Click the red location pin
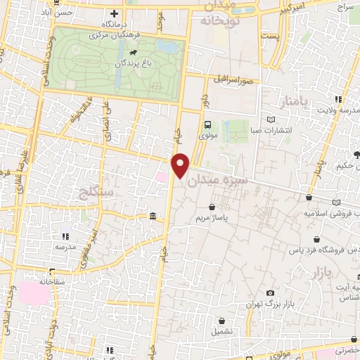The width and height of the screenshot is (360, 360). (x=181, y=165)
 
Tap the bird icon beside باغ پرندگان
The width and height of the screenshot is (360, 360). (x=132, y=51)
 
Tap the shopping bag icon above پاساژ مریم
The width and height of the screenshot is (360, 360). (x=212, y=207)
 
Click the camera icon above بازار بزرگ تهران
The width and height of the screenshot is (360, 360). (x=271, y=293)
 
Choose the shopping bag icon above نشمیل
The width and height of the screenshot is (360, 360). (x=221, y=320)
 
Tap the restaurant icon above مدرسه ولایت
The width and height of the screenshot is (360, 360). (x=338, y=99)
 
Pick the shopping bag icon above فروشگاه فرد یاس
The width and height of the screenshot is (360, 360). (x=319, y=239)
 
